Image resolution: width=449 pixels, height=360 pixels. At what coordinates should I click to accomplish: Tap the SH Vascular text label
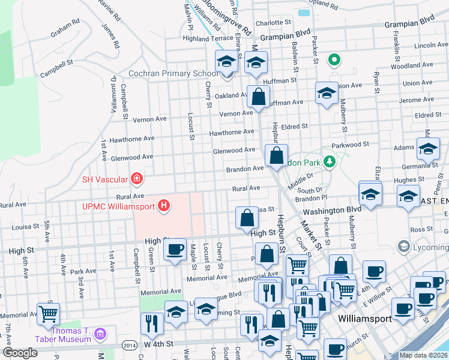pyautogui.click(x=104, y=179)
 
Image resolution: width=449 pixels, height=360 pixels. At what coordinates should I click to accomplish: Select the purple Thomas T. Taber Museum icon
pyautogui.click(x=100, y=334)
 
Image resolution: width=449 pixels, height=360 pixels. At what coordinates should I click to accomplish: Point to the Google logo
pyautogui.click(x=20, y=353)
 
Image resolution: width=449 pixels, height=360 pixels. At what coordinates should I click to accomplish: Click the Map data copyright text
pyautogui.click(x=423, y=355)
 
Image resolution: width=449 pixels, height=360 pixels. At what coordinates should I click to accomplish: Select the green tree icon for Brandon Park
pyautogui.click(x=329, y=161)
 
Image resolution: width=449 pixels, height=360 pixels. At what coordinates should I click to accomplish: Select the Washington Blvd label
pyautogui.click(x=332, y=211)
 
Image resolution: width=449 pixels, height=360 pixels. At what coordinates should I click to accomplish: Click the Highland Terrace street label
pyautogui.click(x=191, y=38)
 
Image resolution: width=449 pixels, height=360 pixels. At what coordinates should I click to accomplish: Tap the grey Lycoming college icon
pyautogui.click(x=403, y=247)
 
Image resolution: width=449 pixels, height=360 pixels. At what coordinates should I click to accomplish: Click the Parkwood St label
pyautogui.click(x=350, y=145)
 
